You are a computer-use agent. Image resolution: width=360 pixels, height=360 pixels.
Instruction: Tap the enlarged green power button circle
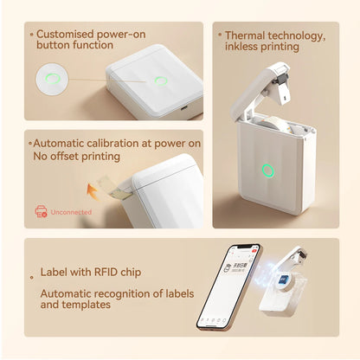[x=52, y=81]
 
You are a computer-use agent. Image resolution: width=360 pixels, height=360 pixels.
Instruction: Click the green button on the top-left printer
[x=161, y=81]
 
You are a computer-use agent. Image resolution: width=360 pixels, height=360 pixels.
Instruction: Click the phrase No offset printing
[x=78, y=157]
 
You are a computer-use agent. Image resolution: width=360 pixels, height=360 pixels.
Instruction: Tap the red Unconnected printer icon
[x=41, y=210]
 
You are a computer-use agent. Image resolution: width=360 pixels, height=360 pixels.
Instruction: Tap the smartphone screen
[x=221, y=285]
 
